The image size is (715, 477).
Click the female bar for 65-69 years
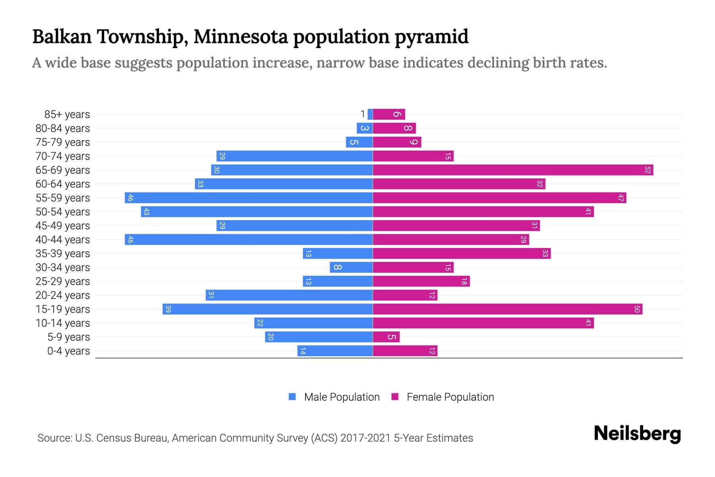click(x=512, y=170)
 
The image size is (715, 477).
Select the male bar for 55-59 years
click(x=249, y=198)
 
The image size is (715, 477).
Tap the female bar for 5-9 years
click(x=386, y=337)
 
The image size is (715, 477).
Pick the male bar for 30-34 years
click(x=351, y=268)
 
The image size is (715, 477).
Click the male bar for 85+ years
click(x=370, y=114)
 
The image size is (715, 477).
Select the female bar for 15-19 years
click(x=507, y=309)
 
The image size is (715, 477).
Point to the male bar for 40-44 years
click(x=249, y=240)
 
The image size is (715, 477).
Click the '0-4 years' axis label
click(x=68, y=351)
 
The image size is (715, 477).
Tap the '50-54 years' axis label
click(x=63, y=212)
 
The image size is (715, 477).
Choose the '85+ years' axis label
click(x=67, y=114)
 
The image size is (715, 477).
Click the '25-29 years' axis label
click(x=63, y=281)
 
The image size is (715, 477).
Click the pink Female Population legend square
click(x=395, y=397)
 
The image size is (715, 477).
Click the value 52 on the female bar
click(x=648, y=170)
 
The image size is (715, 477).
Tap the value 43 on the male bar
click(x=146, y=212)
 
